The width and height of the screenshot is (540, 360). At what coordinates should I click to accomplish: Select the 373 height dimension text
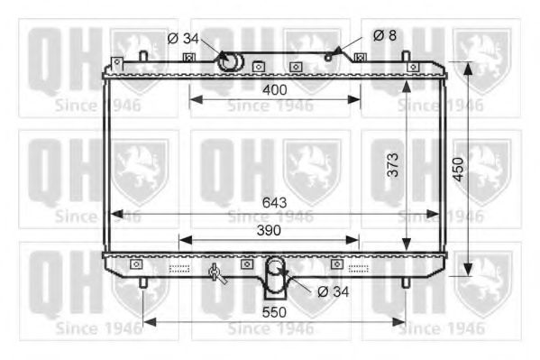click(x=393, y=164)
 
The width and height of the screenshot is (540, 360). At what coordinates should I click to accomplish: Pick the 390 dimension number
click(x=268, y=230)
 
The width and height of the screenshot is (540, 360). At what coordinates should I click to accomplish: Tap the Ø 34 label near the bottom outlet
click(x=334, y=291)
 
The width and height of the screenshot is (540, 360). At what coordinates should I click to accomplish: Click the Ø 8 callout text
click(x=383, y=36)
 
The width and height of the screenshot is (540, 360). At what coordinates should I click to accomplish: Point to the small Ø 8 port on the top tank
click(x=329, y=57)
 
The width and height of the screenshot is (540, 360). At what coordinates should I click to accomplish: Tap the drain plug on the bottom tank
click(x=215, y=274)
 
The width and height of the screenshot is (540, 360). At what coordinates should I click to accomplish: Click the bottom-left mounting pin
click(x=143, y=282)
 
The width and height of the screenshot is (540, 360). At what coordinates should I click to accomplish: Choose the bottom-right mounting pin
click(x=405, y=282)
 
